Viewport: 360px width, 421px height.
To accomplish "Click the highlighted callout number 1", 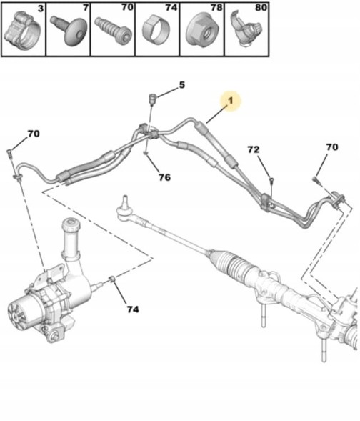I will [x=231, y=103].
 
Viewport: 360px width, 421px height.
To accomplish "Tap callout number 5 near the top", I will [x=181, y=85].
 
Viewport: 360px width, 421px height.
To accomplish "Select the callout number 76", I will [x=164, y=177].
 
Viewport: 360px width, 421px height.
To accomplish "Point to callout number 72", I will [x=254, y=150].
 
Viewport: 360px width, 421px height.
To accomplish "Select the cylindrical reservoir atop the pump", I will [x=73, y=239].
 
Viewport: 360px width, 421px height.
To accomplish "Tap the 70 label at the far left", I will [x=34, y=134].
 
